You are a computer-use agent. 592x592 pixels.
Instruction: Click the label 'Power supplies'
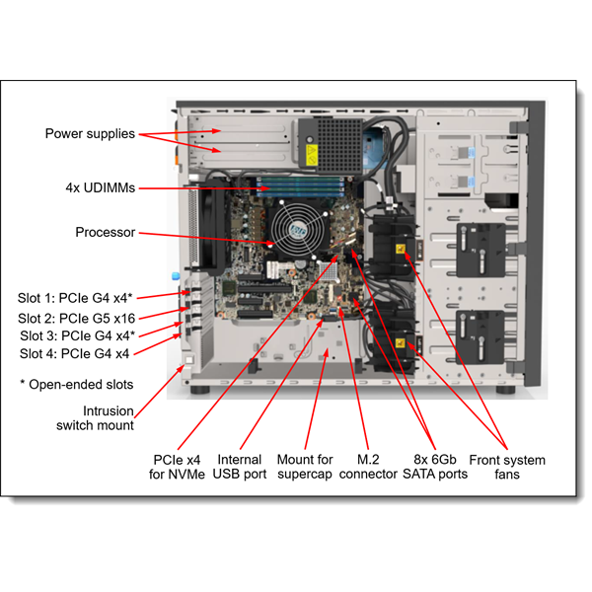click(90, 134)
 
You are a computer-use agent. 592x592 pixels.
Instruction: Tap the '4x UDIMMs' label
click(97, 187)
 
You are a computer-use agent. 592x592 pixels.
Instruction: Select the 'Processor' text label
click(105, 233)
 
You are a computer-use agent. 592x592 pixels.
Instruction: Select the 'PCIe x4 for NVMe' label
click(178, 468)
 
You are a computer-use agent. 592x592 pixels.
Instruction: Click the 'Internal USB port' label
click(239, 468)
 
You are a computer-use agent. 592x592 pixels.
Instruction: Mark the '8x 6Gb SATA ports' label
click(433, 468)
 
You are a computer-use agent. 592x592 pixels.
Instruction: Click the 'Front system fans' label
click(506, 468)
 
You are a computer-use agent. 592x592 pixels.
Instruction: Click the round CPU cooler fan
click(295, 228)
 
